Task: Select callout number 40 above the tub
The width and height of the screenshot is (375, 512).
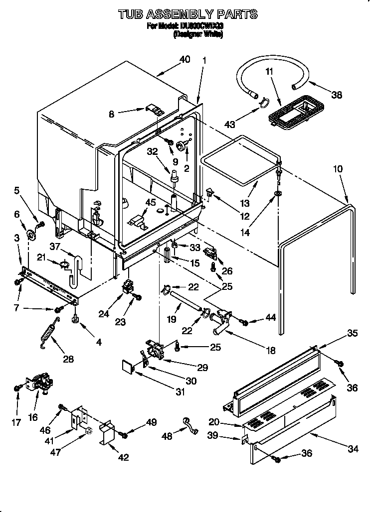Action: [x=185, y=59]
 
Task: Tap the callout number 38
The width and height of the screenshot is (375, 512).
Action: [x=337, y=95]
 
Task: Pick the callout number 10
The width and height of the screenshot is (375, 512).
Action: [x=338, y=169]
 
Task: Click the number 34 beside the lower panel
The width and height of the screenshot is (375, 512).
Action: [x=353, y=449]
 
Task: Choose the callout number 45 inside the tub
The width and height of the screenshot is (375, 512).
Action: [x=151, y=202]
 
